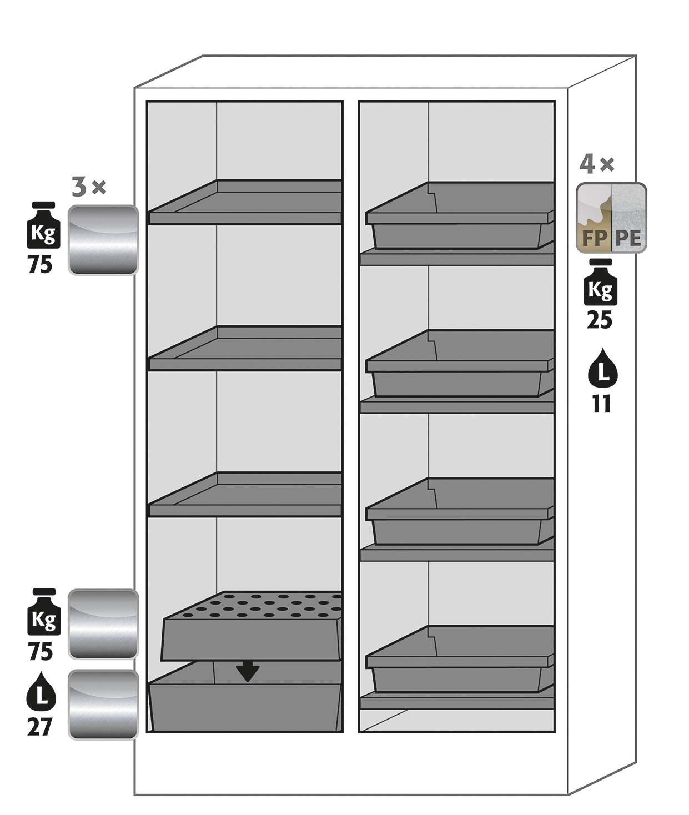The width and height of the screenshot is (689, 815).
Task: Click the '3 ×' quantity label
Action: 88,187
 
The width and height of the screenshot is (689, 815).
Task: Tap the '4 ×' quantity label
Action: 596,164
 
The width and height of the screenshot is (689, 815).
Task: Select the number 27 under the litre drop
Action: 40,726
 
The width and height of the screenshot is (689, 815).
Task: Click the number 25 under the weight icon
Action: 600,320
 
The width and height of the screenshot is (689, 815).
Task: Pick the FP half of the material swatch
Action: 594,218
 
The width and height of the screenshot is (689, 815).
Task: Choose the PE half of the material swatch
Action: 628,218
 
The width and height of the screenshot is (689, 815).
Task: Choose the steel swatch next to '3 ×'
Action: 103,240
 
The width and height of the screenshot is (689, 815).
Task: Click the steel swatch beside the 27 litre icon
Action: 103,705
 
